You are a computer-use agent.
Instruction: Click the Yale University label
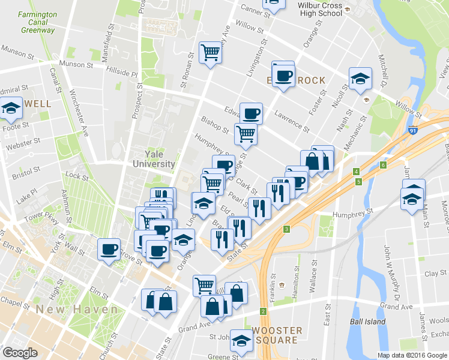(x=154, y=159)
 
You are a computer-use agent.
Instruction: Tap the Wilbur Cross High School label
(x=321, y=9)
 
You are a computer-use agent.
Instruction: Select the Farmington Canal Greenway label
(x=37, y=22)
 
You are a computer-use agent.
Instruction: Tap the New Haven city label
(x=76, y=310)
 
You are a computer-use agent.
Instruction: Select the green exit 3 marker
(x=287, y=229)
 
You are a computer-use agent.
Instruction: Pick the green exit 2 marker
(x=263, y=311)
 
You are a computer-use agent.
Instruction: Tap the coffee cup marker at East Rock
(x=283, y=75)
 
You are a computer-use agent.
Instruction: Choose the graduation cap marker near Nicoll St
(x=360, y=79)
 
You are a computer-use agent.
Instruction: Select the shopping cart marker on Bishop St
(x=246, y=134)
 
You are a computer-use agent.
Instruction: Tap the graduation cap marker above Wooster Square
(x=241, y=340)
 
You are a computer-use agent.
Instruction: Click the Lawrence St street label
(x=291, y=121)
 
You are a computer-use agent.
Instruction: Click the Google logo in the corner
(x=20, y=353)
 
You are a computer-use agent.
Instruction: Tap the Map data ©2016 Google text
(x=412, y=355)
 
